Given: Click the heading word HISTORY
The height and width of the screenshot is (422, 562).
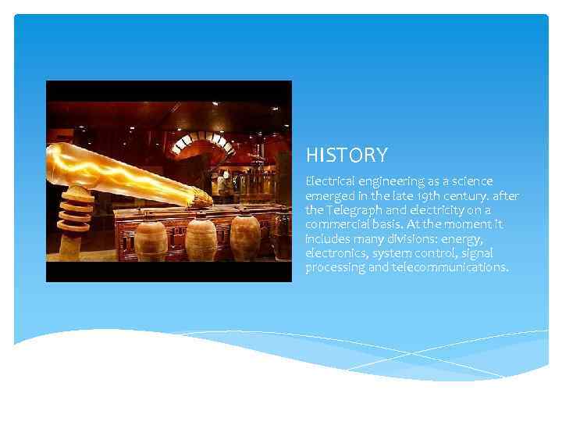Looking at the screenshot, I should point(346,156).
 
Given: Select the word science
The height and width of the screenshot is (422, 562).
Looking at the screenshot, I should point(471,181).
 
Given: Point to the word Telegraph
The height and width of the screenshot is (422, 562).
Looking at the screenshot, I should point(354,210).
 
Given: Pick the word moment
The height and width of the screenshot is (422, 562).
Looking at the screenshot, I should point(462,224).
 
